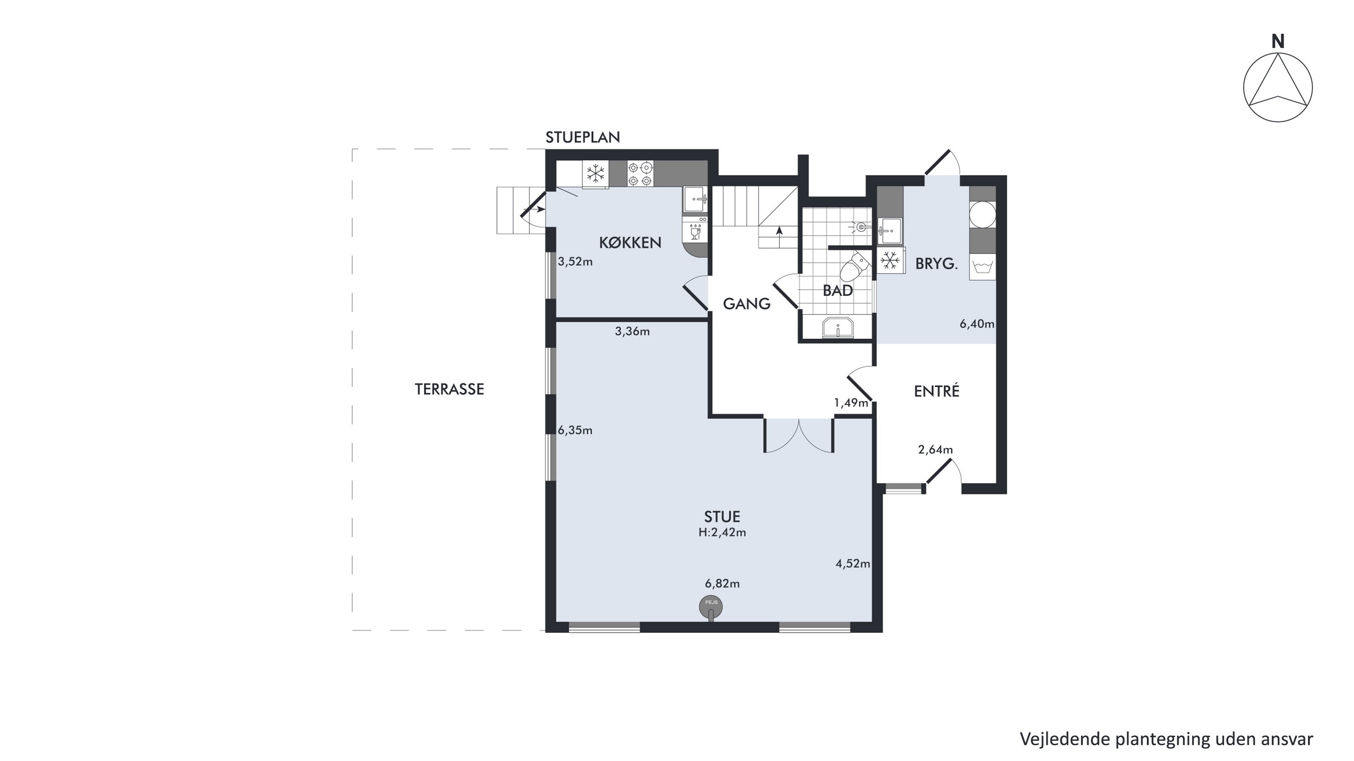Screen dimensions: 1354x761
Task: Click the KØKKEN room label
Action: tap(630, 243)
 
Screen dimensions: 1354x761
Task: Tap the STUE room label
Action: tap(722, 517)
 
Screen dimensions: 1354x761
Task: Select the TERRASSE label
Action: tap(450, 389)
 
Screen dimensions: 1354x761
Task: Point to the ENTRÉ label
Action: tap(937, 391)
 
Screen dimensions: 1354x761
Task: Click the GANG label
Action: tap(747, 304)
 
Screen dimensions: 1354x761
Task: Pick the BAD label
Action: tap(838, 291)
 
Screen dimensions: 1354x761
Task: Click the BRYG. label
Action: tap(937, 263)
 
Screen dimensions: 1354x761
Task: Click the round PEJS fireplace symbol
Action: tap(711, 607)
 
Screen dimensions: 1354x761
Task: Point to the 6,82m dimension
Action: tap(722, 583)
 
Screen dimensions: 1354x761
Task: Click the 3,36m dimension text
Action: tap(632, 332)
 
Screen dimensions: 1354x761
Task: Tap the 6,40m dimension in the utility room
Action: tap(977, 324)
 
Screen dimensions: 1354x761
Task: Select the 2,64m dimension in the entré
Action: tap(936, 450)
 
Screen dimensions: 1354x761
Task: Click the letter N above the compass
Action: tap(1278, 41)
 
